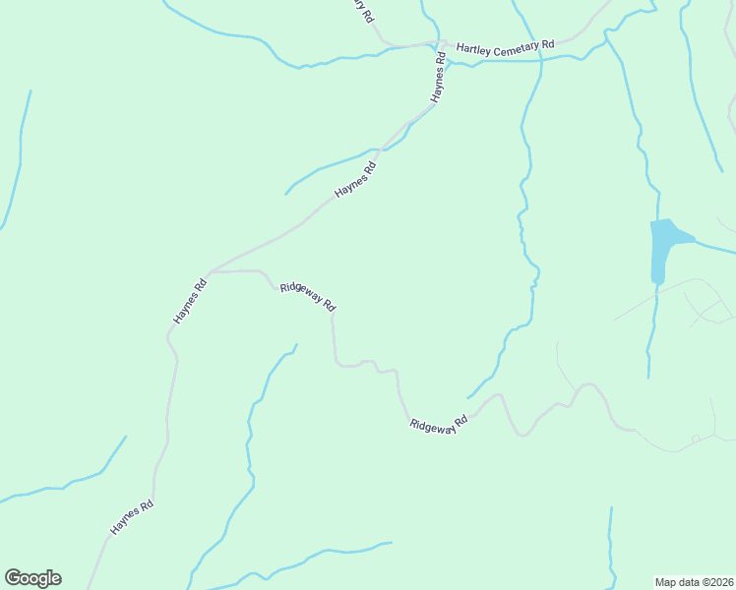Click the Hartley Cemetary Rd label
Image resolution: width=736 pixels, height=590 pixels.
pos(506,45)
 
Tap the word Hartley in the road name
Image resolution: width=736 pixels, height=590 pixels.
pos(474,45)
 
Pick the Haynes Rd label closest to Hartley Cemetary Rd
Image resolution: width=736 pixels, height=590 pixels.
pos(437,79)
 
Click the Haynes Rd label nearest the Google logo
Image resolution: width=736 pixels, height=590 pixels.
pos(132,517)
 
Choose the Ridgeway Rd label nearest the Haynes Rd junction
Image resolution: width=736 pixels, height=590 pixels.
pos(308,297)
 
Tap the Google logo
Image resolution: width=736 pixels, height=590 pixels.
pos(32,578)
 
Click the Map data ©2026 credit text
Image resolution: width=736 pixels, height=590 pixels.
pos(694,581)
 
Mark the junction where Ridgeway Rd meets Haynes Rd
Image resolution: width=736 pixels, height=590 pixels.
pos(211,271)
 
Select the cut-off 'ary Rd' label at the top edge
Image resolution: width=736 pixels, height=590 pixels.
pos(365,10)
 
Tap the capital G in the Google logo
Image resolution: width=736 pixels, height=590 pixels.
pos(12,578)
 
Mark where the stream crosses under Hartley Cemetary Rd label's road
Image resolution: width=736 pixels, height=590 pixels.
pos(540,59)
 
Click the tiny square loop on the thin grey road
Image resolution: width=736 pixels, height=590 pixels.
pos(695,438)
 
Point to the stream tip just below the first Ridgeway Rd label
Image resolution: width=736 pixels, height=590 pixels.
pos(295,345)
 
